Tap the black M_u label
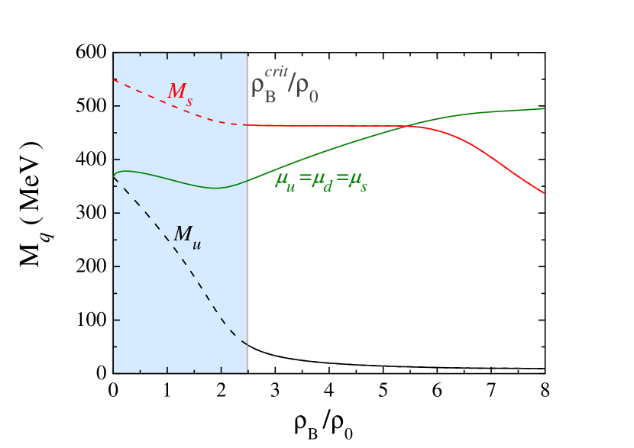(x=186, y=236)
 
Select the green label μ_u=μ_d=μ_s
(x=321, y=182)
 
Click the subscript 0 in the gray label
(x=312, y=97)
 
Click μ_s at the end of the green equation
(x=356, y=183)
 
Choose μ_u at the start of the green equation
(x=286, y=182)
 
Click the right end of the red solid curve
(x=544, y=193)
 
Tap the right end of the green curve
(x=544, y=108)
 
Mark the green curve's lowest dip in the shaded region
(x=217, y=188)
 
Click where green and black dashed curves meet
(x=114, y=178)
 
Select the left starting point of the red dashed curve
(x=113, y=79)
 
